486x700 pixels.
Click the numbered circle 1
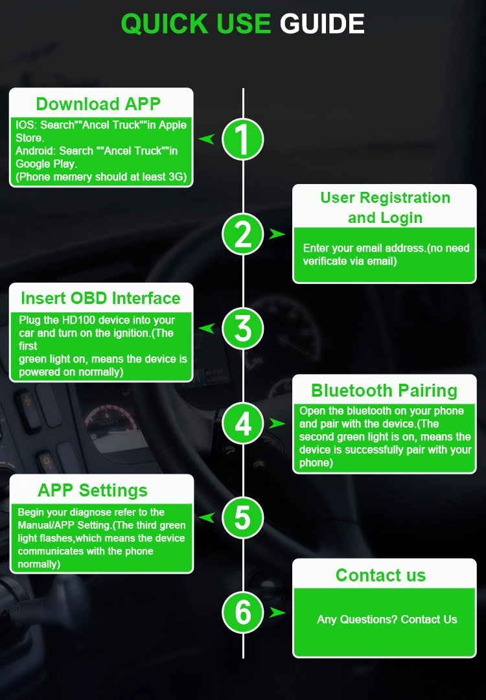pos(242,139)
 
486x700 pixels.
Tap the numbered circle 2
pos(242,234)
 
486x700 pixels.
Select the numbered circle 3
pos(242,329)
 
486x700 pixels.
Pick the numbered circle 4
pos(242,423)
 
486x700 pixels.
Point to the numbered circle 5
pos(242,518)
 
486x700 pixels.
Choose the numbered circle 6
pos(242,612)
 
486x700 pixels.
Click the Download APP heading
pos(98,104)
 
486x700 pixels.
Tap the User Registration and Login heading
pos(385,207)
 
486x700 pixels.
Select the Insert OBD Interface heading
pos(100,298)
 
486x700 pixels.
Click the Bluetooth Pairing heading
pos(384,391)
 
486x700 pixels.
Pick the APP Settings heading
pos(93,491)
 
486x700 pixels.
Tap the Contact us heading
pos(381,575)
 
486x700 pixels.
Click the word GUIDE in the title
pos(322,24)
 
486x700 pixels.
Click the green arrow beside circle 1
pos(207,139)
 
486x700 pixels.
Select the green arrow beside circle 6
pos(277,612)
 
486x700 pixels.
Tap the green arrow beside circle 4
pos(277,423)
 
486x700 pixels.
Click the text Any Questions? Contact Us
pos(387,620)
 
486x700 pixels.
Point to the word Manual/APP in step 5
pos(47,525)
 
